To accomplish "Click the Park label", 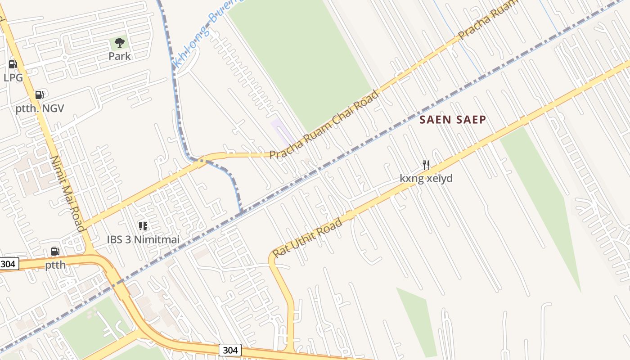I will point(119,56).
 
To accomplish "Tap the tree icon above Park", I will point(119,43).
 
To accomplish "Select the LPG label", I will point(13,77).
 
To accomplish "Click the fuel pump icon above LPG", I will point(13,64).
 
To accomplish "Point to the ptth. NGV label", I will point(40,108).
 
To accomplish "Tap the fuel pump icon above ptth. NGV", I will point(40,95).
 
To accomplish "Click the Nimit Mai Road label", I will point(67,193).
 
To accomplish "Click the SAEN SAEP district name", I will point(453,120).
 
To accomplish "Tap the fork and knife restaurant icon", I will point(426,165).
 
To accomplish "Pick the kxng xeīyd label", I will point(426,179).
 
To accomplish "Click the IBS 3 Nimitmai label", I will point(143,240).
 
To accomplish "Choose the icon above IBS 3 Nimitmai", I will point(143,226).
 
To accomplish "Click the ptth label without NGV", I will point(55,265).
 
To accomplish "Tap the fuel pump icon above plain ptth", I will point(55,252).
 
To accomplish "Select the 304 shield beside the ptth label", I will point(9,264).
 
